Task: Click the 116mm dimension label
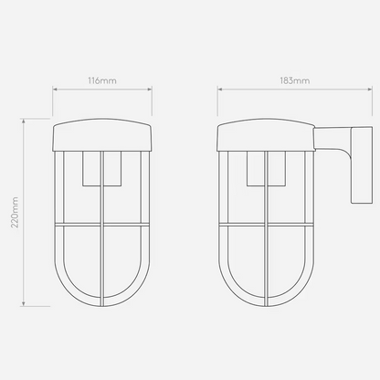[x=102, y=80]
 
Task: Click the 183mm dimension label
[x=295, y=80]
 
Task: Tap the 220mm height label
[x=15, y=212]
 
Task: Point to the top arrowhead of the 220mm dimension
[x=24, y=121]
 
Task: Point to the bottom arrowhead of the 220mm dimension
[x=24, y=303]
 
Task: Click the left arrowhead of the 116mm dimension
[x=55, y=90]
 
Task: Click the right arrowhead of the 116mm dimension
[x=150, y=90]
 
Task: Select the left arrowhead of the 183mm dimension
[x=219, y=90]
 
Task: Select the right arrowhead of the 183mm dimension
[x=370, y=90]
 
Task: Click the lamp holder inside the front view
[x=102, y=168]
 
